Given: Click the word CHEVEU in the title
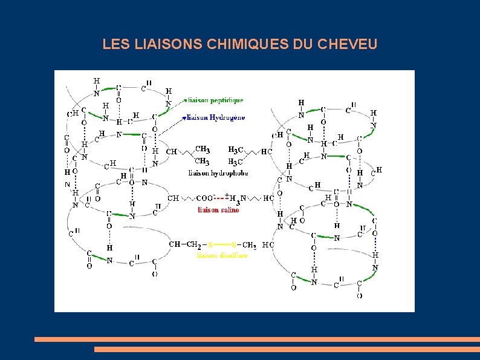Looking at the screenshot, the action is click(x=348, y=44).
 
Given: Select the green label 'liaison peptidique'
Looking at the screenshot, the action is click(x=216, y=100).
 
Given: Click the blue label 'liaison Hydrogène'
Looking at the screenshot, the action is click(x=216, y=117).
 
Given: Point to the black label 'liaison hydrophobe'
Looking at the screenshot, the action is click(x=218, y=173).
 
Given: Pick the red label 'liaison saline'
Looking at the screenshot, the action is click(x=218, y=210).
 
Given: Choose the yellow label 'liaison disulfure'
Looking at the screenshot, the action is click(x=221, y=255).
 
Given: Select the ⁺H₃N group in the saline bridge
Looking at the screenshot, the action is click(x=237, y=198).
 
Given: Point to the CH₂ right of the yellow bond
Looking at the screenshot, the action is click(x=249, y=245).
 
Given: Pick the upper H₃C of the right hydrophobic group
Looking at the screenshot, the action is click(x=236, y=149).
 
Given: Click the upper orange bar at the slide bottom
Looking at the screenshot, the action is click(x=256, y=339).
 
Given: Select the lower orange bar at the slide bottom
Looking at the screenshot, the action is click(x=287, y=349).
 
